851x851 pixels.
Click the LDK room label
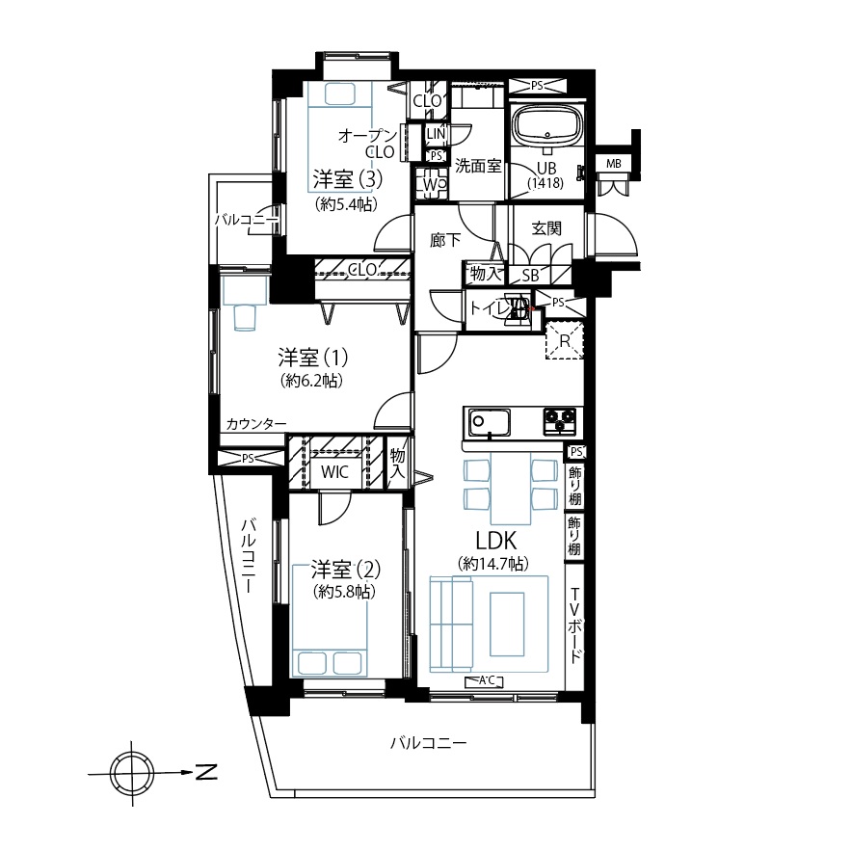pos(495,540)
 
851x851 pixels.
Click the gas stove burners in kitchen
pos(560,421)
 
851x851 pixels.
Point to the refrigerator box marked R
pos(565,340)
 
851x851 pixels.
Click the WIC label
pos(334,471)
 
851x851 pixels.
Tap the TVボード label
pos(574,625)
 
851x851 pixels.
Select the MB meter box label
pos(613,164)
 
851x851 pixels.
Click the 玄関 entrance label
pos(546,228)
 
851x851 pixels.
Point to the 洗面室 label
pos(478,166)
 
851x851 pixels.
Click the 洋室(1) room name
pos(313,358)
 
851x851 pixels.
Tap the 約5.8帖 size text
pos(344,592)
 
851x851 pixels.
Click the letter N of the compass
pos(206,772)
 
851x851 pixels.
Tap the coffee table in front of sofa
pos(508,625)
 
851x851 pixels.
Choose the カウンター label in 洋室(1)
pos(255,424)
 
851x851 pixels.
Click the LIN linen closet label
pos(436,134)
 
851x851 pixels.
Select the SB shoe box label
pos(530,276)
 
